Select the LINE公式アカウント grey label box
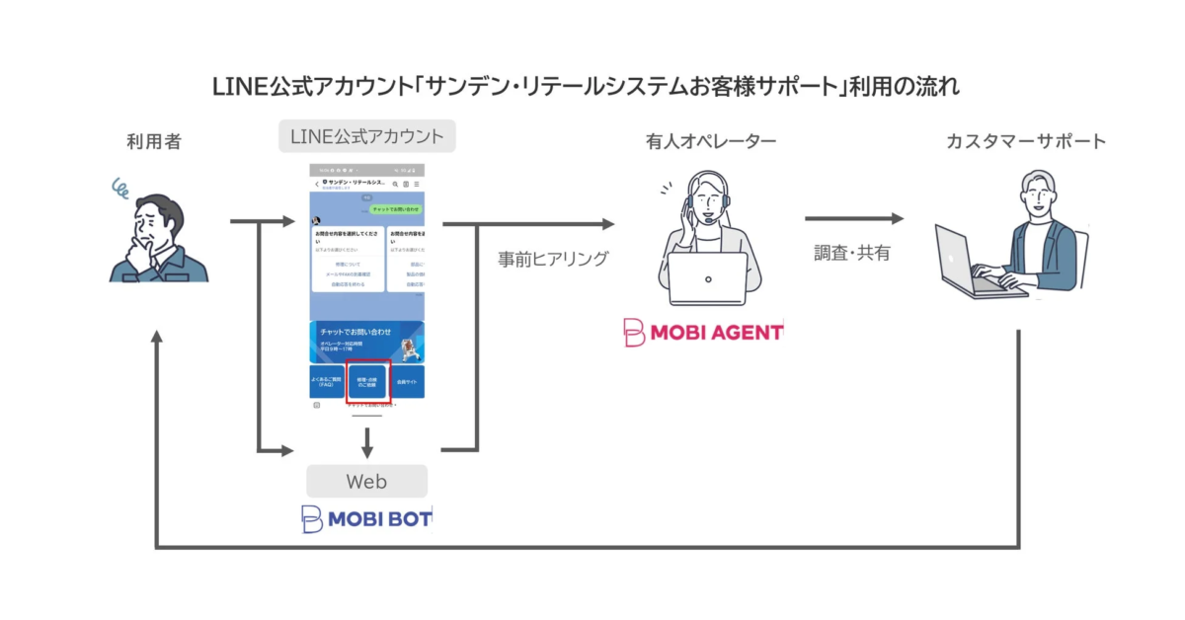click(x=366, y=135)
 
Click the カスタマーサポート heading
click(x=1026, y=142)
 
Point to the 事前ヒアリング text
click(x=553, y=259)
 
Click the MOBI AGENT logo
click(x=703, y=333)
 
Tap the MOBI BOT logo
click(x=366, y=518)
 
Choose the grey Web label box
click(x=366, y=482)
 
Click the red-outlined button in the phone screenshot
click(x=367, y=381)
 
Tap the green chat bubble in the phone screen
click(x=396, y=209)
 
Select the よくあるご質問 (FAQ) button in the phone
click(x=327, y=381)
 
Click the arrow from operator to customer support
click(x=853, y=219)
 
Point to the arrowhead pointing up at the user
click(x=156, y=338)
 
